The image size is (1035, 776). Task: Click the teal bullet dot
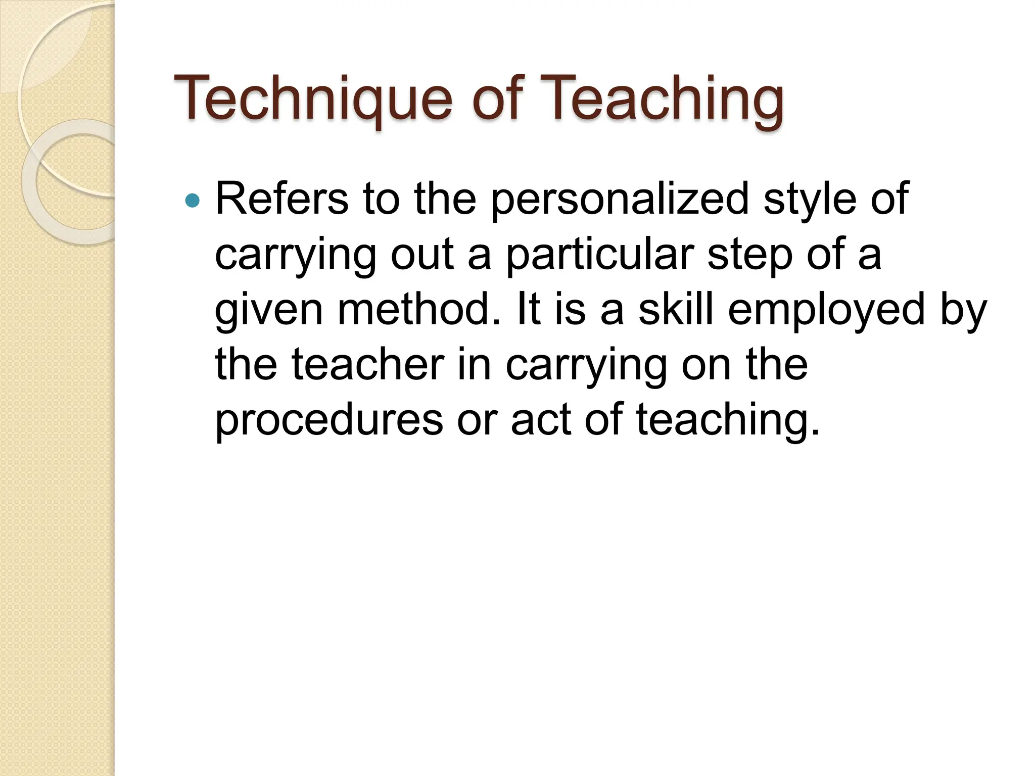(193, 201)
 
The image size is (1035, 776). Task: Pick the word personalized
(620, 199)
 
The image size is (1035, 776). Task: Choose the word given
(268, 310)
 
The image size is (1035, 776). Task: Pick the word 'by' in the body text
(963, 310)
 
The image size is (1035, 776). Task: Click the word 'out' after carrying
(422, 254)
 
